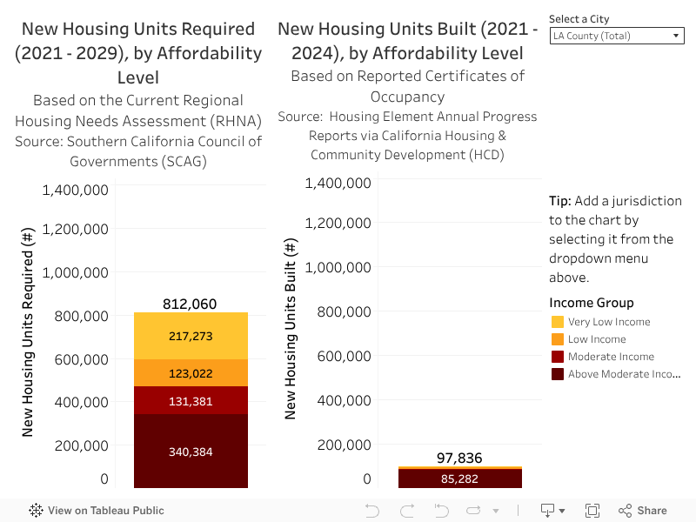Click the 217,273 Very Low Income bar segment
point(191,336)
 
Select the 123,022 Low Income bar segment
point(191,373)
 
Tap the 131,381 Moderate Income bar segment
point(191,401)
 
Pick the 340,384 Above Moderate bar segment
point(191,452)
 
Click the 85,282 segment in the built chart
point(459,478)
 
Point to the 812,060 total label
point(190,304)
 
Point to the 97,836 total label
point(458,458)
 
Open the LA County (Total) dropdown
point(617,36)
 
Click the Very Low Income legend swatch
point(558,322)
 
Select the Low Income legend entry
point(597,339)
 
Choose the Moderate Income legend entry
point(611,357)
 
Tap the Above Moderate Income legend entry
point(623,374)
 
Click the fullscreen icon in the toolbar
point(592,511)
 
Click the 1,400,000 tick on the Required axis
point(76,190)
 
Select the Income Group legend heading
point(592,303)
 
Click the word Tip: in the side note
point(560,201)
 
